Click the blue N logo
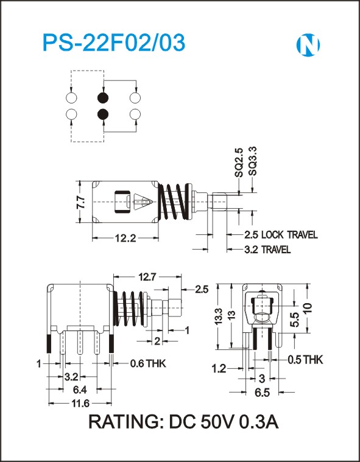click(308, 45)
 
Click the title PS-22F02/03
click(114, 43)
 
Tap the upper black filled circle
click(103, 97)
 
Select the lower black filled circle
click(103, 114)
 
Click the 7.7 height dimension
click(81, 202)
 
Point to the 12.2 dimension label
click(125, 238)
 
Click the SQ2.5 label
click(239, 163)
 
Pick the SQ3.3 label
click(253, 161)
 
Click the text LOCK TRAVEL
click(289, 235)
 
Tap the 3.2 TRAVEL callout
click(267, 250)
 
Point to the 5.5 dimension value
click(296, 320)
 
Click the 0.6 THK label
click(147, 363)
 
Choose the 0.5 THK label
click(305, 360)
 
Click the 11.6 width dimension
click(80, 403)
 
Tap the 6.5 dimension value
click(263, 393)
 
